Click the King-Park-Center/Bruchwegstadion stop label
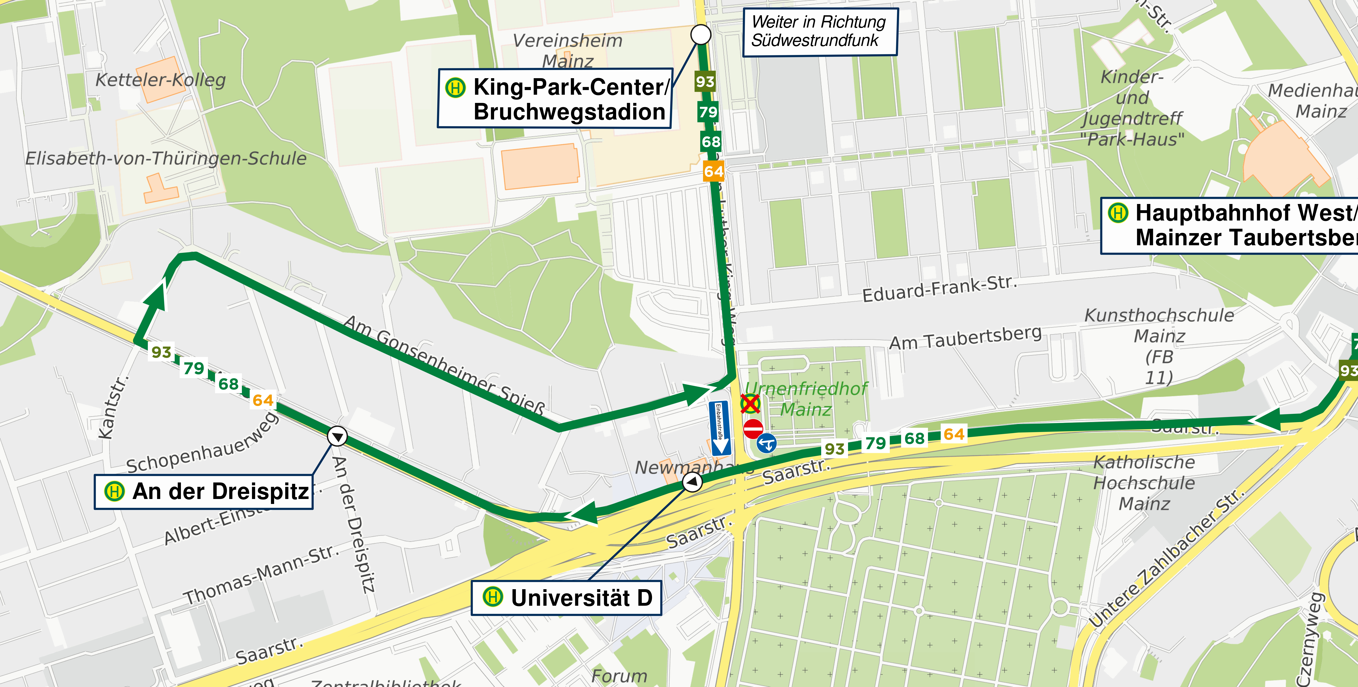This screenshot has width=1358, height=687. coord(555,99)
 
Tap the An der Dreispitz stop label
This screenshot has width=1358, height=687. coord(204,492)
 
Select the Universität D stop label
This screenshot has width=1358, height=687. coord(566,597)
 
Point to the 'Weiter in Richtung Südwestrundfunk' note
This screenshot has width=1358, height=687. coord(820,32)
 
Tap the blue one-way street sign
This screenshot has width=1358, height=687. coord(720,428)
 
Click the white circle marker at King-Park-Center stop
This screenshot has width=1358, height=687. coord(701,35)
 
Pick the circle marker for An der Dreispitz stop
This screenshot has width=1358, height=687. coord(337,436)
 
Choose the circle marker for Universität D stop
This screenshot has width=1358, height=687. coord(692,481)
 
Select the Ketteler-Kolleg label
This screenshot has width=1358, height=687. coord(160,80)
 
